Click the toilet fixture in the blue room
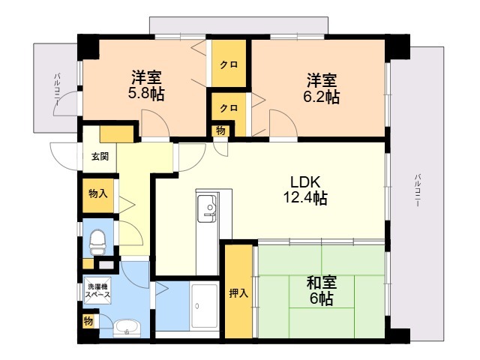coord(97,243)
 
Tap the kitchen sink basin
coord(207,208)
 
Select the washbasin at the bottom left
coord(127,328)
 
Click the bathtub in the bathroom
coord(204,306)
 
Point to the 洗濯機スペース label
coord(97,291)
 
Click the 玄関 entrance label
coord(100,157)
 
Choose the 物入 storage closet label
coord(97,193)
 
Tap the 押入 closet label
coord(238,293)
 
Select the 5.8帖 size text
coord(146,94)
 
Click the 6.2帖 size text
coord(322,97)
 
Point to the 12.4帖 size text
coord(305,197)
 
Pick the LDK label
coord(305,182)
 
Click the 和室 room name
coord(322,283)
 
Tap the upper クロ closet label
coord(229,65)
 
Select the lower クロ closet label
coord(229,108)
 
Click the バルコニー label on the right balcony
coord(418,190)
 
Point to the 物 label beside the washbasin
coord(88,322)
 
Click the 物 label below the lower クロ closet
coord(220,130)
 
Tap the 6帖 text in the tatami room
coord(322,298)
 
